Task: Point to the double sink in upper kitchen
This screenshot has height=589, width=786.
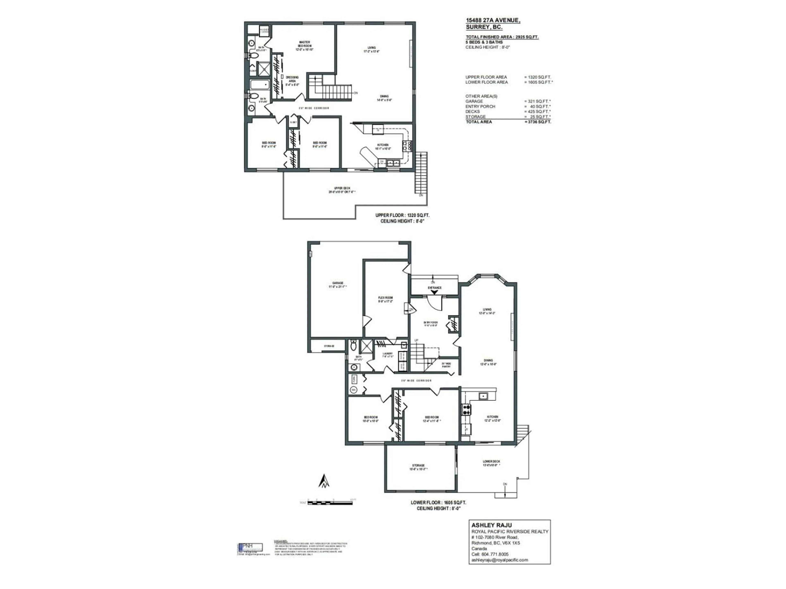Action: coord(393,163)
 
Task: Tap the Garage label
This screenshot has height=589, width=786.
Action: coord(338,285)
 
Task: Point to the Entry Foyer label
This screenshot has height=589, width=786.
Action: coord(430,324)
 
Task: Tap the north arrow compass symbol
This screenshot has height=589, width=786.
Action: coord(324,482)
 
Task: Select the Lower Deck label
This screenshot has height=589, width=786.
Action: coord(491,463)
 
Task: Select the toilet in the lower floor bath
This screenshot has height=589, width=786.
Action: coord(353,345)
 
